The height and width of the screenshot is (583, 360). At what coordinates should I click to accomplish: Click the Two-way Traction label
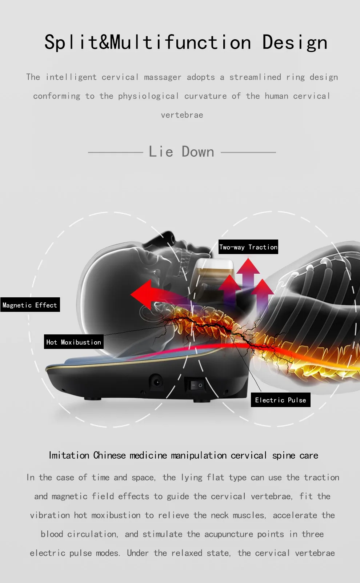coord(248,247)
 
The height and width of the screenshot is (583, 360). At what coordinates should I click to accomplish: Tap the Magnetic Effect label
coord(30,305)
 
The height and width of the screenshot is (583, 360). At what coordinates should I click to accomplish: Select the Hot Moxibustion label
coord(74,342)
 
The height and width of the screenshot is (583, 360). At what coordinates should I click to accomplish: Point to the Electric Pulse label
coord(280,400)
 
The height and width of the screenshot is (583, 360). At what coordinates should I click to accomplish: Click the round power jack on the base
coord(157,382)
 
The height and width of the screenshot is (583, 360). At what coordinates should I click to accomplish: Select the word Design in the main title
coord(295,43)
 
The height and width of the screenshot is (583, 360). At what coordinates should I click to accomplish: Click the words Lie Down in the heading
coord(181,152)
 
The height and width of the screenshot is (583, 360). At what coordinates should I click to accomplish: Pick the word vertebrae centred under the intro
coord(182,115)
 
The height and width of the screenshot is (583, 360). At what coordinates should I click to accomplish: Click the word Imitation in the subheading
coord(69,455)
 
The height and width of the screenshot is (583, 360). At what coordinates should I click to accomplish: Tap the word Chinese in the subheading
coord(109,455)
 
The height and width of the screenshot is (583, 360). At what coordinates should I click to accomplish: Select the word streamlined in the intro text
coord(255,77)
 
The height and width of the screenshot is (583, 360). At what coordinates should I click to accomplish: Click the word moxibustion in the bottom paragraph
coord(116,515)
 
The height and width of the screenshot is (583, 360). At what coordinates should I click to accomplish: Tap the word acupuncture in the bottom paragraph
coord(228,534)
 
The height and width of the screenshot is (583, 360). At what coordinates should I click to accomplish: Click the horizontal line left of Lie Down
coord(116,152)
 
